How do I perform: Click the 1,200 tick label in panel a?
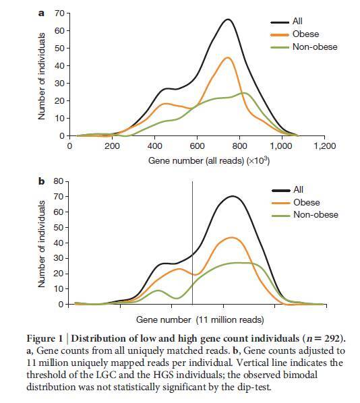(x=325, y=146)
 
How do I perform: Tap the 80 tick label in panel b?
(x=59, y=181)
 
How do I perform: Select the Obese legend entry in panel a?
(x=295, y=34)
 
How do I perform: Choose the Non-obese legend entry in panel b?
(x=305, y=215)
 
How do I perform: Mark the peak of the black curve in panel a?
(x=228, y=20)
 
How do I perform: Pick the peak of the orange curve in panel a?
(x=228, y=57)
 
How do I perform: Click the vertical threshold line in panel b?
(x=193, y=243)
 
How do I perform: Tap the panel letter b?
(x=41, y=181)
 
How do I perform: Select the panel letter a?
(x=41, y=13)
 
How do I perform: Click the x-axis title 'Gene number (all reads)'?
(x=196, y=161)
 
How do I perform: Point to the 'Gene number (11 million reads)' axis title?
(x=200, y=320)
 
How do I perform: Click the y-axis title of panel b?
(x=42, y=244)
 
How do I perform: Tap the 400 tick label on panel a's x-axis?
(x=155, y=146)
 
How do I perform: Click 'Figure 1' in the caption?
(x=44, y=339)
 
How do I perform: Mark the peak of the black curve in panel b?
(x=233, y=196)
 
